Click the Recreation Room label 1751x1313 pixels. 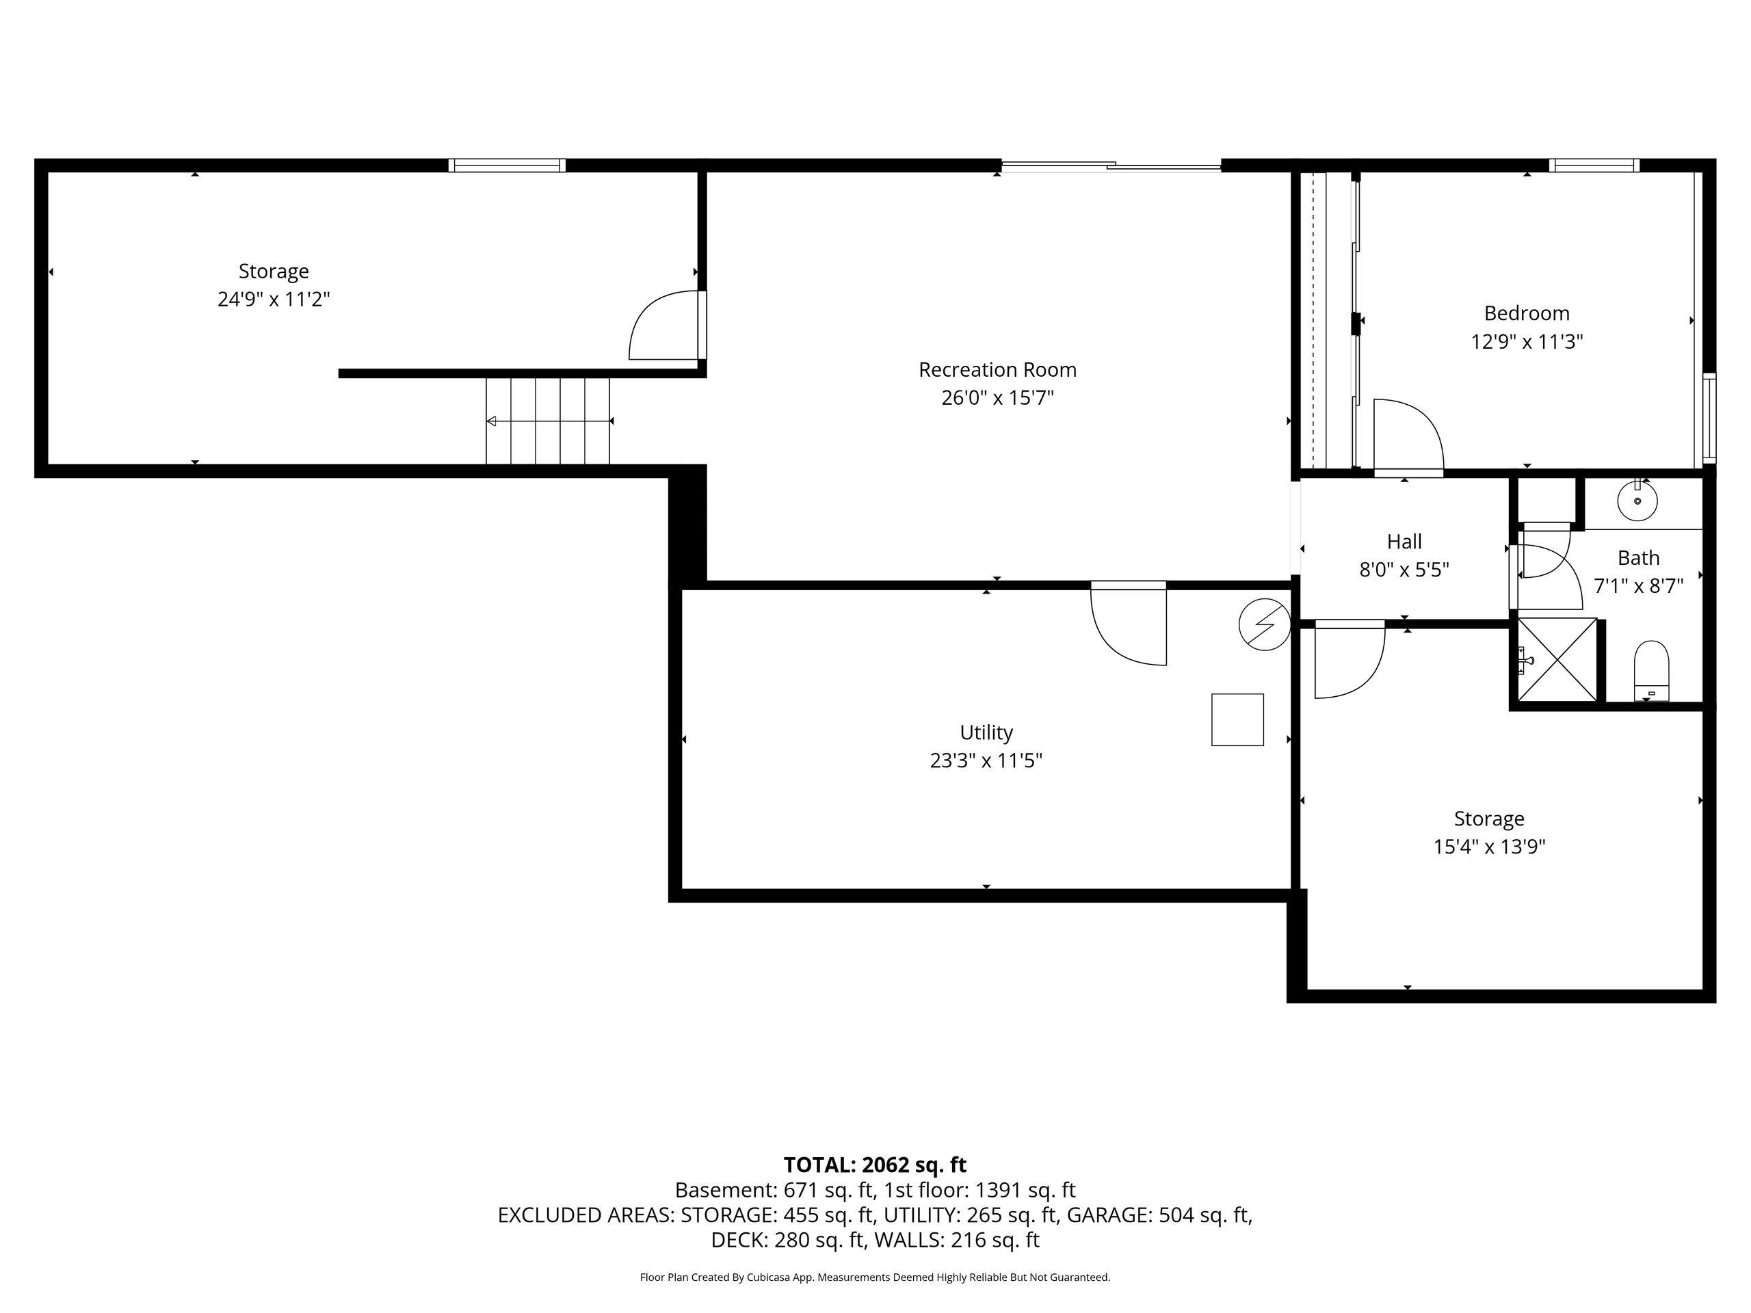[997, 369]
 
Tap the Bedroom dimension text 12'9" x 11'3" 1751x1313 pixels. [1527, 342]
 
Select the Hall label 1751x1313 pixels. [1404, 542]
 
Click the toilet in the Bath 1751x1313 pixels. [1652, 670]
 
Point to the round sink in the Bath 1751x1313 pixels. [1637, 501]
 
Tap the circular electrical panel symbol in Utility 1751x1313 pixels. [1265, 624]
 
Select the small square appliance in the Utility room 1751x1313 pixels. [1237, 719]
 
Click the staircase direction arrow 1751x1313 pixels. [549, 421]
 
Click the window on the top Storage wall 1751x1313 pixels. [507, 165]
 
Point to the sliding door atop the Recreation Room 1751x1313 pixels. [1111, 165]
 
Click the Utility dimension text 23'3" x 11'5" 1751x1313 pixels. [986, 760]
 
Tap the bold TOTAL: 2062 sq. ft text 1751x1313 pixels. [875, 1165]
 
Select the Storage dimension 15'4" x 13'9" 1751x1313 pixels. [1489, 847]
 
